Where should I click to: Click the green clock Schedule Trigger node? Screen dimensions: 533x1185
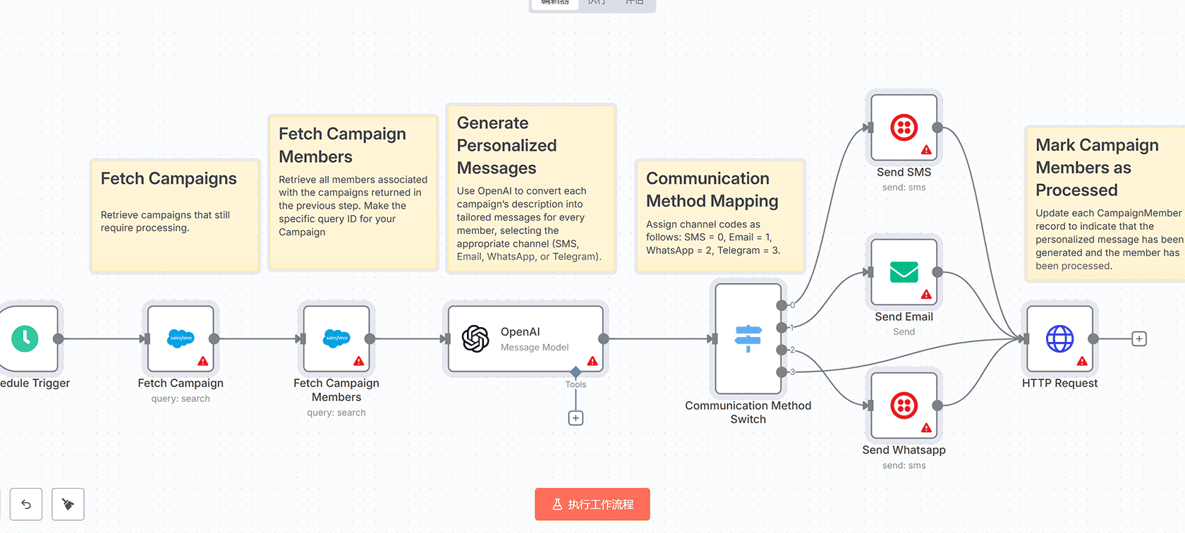25,339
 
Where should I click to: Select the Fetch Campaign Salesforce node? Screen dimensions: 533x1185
181,339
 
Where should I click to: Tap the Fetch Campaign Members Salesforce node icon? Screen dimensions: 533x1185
336,339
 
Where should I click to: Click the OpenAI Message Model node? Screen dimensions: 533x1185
525,339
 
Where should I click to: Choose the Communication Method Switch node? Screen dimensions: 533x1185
748,339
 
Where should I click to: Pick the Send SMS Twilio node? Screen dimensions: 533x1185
904,128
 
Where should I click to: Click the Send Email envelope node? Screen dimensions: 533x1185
904,272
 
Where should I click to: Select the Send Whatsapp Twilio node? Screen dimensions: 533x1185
904,405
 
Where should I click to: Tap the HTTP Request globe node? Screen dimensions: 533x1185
1059,339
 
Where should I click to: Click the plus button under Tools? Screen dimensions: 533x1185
576,418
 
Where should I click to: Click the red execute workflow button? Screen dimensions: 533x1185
592,504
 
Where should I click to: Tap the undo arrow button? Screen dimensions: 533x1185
26,504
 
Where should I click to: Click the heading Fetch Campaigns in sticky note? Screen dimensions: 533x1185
169,179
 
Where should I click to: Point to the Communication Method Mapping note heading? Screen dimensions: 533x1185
712,190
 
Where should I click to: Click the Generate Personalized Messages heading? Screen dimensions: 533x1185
506,145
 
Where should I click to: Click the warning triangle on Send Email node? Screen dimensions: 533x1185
926,294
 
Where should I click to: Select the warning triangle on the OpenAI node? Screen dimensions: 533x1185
592,361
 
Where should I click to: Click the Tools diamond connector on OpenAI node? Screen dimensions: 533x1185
576,372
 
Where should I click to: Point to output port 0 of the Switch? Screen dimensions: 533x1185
782,305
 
